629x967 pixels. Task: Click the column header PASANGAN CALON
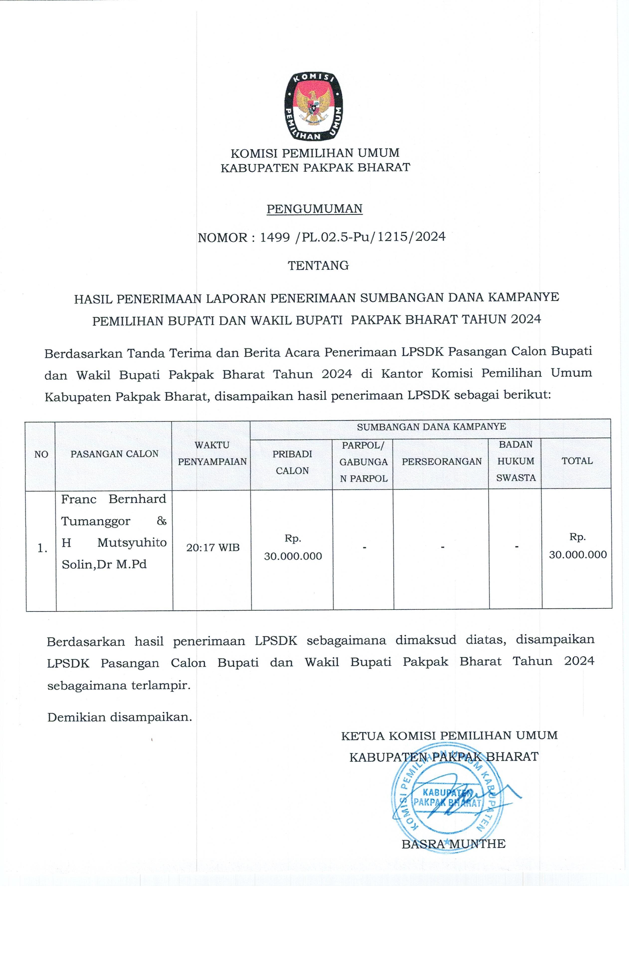coord(114,454)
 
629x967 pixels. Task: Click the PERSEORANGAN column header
coord(441,461)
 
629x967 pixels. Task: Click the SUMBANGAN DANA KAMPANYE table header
coord(431,427)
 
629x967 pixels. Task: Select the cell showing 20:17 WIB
coord(213,547)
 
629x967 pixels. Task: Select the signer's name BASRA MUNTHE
coord(453,844)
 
